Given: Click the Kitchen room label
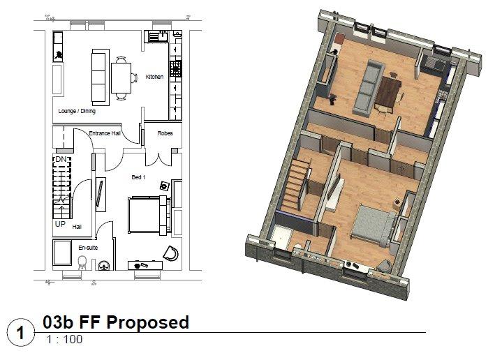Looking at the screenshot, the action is (154, 77).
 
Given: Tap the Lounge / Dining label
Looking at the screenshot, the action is (77, 111).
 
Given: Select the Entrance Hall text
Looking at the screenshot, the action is (105, 133).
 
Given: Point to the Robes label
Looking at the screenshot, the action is (165, 133).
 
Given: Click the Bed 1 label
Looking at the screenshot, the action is (139, 177).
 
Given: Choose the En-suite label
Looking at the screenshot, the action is (88, 248).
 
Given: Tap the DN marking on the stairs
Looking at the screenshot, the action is (61, 160).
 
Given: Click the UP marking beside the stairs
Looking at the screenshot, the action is (60, 224).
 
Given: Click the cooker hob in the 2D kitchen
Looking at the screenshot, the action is (175, 68).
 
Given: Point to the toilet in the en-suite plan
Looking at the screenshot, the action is (82, 263).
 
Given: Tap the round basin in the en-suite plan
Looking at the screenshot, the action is (104, 266).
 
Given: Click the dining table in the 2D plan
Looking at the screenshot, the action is (121, 78).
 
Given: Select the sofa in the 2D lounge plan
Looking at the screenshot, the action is (101, 77).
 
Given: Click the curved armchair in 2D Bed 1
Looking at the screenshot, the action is (171, 253).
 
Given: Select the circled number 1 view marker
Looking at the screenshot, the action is (20, 333).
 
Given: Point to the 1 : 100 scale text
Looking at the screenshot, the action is (64, 340).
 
